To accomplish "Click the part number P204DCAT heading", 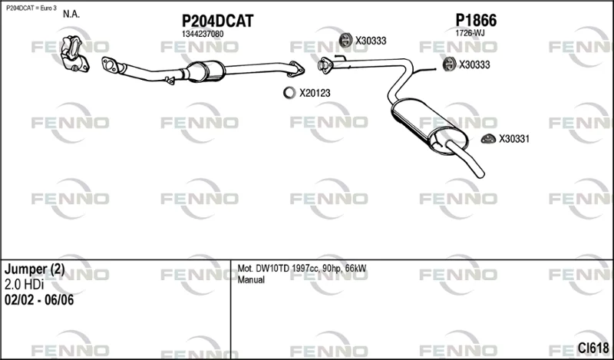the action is [x=217, y=21].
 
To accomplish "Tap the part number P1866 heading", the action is [x=476, y=20].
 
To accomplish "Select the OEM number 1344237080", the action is [x=203, y=34].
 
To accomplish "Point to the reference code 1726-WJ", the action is [x=470, y=33].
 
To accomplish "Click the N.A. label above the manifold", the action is [x=71, y=15].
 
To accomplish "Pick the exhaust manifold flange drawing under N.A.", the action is [x=74, y=54].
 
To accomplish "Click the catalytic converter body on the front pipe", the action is [x=206, y=71].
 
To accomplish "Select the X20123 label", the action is [x=315, y=93].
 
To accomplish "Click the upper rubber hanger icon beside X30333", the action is [x=345, y=41].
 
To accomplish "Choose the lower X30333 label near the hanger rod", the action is [x=474, y=64].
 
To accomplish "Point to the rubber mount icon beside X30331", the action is [x=488, y=139].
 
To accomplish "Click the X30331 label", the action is [x=513, y=139].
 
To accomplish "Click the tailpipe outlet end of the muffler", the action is [x=480, y=173].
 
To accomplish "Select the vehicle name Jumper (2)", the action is [x=35, y=269].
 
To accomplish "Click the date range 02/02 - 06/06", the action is [x=39, y=300].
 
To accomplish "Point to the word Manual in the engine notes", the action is [x=251, y=279].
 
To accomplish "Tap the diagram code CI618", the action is [x=593, y=348].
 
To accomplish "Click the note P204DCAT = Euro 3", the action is [x=31, y=8].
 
